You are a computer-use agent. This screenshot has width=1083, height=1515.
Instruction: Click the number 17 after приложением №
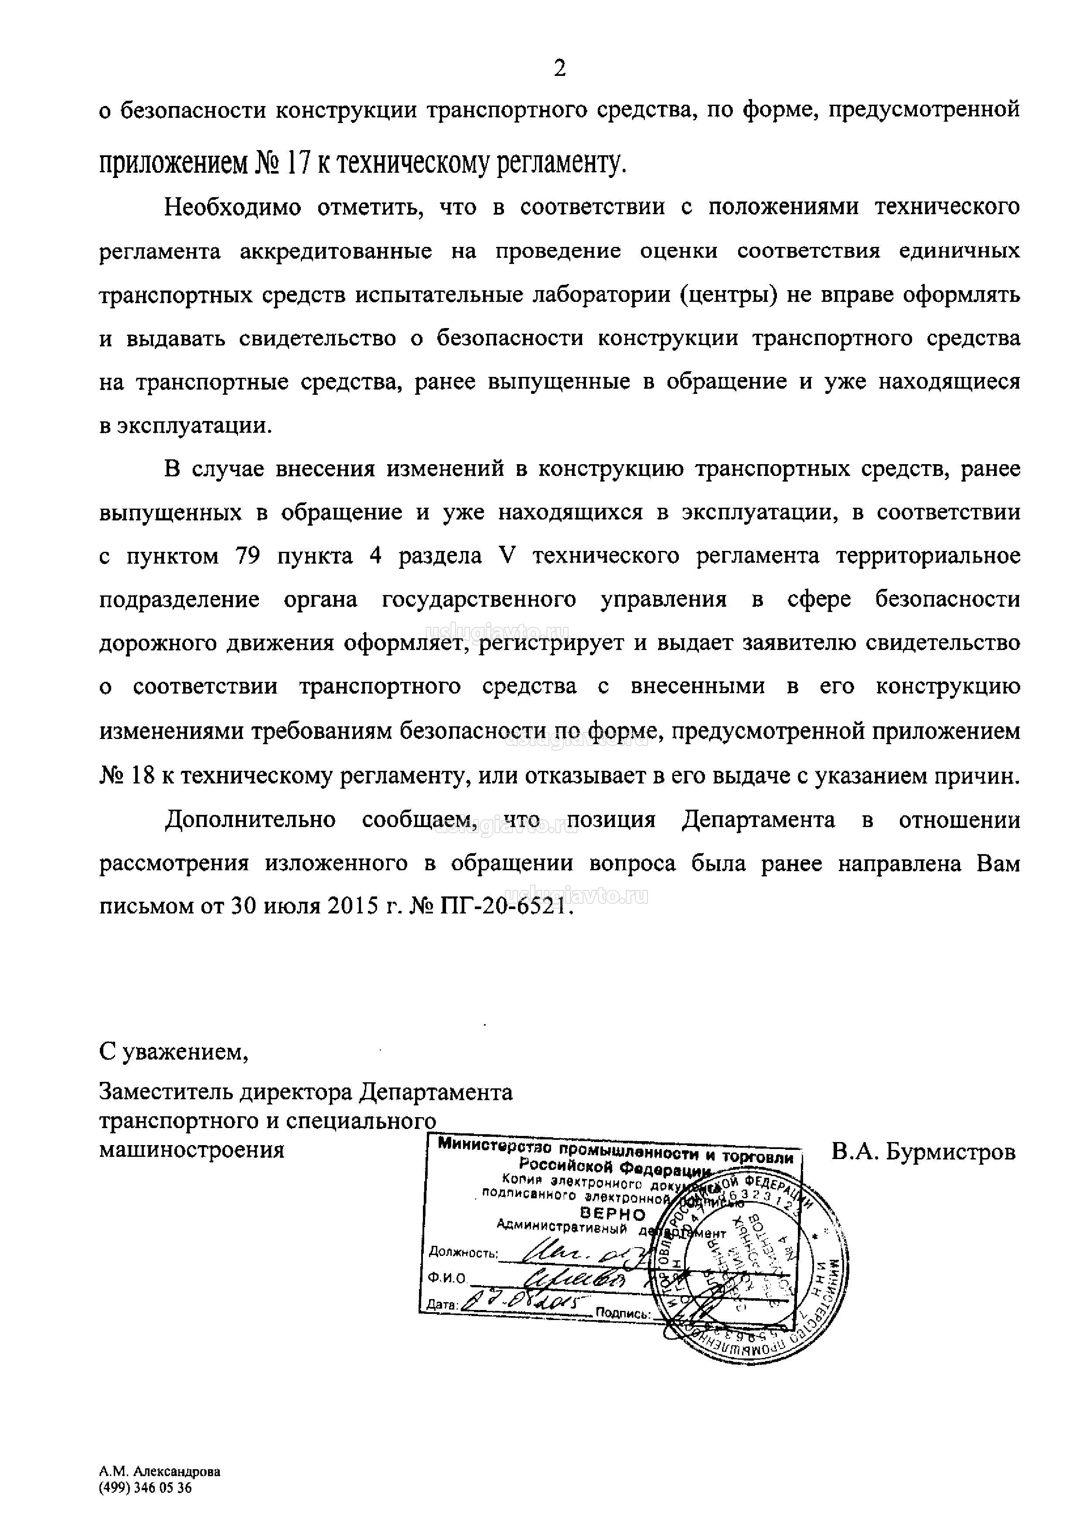click(299, 163)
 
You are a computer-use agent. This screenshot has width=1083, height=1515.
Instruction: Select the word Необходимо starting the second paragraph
click(233, 208)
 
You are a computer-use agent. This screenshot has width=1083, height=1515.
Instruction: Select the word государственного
click(479, 600)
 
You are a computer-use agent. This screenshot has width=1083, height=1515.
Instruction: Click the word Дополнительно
click(250, 819)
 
